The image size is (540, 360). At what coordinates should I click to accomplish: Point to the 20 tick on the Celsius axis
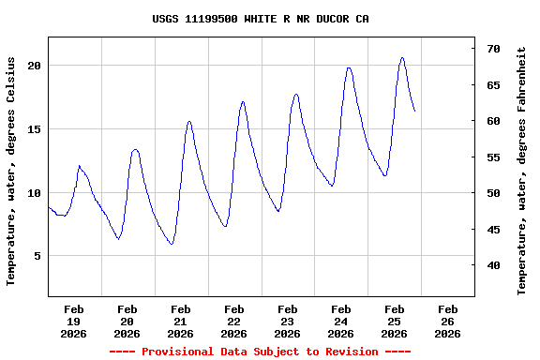coord(34,66)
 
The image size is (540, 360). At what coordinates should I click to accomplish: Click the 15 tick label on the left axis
coord(34,129)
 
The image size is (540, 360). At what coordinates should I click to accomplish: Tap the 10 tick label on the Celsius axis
coord(34,192)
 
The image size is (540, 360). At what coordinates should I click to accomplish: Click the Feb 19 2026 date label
coord(74,321)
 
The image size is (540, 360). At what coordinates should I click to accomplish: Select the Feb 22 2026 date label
coord(234,321)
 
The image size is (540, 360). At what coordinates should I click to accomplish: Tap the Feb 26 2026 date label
coord(448,321)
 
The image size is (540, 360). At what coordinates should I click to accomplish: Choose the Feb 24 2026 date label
coord(341,321)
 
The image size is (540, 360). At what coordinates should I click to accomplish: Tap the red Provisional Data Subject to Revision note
coord(260,352)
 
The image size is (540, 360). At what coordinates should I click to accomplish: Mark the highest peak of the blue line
coord(402,57)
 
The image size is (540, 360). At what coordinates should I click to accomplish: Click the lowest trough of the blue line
coord(172,245)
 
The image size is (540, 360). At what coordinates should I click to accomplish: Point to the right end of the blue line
coord(414,112)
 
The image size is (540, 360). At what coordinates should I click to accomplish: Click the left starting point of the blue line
coord(48,207)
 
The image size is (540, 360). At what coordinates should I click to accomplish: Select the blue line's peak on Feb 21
coord(189,121)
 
